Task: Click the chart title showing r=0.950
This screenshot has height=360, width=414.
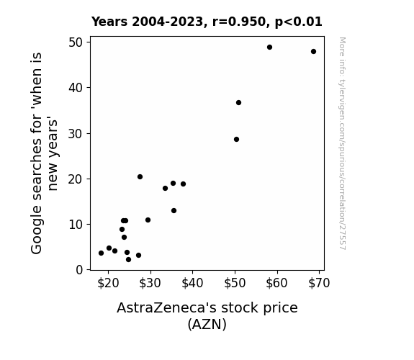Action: [207, 22]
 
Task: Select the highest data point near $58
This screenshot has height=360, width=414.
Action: [269, 48]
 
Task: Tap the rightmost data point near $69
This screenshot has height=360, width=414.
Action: [313, 52]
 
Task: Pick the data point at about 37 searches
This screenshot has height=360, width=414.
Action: [238, 103]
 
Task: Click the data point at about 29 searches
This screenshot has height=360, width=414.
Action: [237, 140]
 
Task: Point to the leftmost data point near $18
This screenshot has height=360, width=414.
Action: [101, 253]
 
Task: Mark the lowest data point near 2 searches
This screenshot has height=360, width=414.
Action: [128, 260]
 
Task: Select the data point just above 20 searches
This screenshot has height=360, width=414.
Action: [140, 177]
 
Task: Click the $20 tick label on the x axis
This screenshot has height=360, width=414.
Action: [108, 284]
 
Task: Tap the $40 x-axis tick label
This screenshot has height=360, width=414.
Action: [192, 284]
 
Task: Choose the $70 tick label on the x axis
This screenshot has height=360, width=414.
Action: [319, 284]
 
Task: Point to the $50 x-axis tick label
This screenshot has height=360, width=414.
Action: [235, 284]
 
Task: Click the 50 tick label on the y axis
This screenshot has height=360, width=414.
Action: [76, 42]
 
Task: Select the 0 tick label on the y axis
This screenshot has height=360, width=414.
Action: [79, 270]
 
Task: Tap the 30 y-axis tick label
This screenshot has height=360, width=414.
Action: [76, 134]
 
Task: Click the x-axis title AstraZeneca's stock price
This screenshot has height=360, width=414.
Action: [207, 308]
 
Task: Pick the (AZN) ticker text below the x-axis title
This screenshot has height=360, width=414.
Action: [207, 324]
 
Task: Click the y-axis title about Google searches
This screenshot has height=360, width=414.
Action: [44, 153]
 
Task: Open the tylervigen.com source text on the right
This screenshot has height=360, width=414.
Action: [343, 143]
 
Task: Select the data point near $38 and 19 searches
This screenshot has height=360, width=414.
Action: [183, 184]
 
